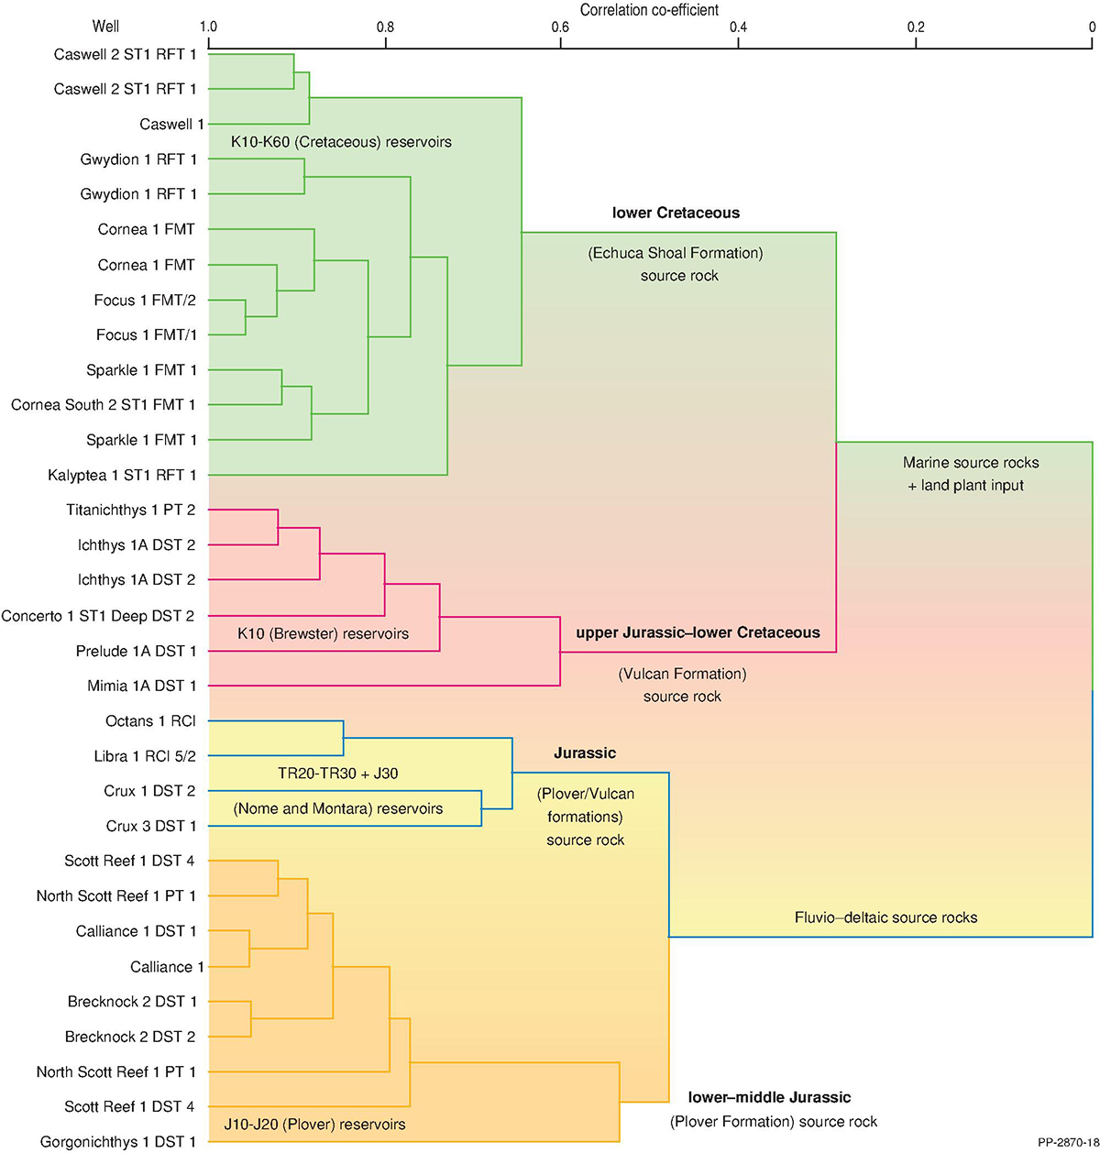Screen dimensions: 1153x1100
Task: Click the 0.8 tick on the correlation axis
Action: point(385,27)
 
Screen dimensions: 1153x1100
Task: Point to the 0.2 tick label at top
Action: point(916,27)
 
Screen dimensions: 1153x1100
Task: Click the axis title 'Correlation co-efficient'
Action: point(649,10)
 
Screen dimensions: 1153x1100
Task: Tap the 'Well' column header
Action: point(105,27)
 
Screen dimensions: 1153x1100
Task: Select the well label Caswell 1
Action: point(171,124)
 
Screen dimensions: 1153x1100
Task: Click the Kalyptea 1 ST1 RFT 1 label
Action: point(122,476)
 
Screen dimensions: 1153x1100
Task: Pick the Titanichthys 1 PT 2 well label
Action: point(130,510)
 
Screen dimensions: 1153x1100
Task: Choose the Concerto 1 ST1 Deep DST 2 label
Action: point(98,616)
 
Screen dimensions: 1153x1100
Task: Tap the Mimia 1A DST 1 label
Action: point(142,686)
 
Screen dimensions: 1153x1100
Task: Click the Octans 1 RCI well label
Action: point(150,721)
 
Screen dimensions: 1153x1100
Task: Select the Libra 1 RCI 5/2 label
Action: point(145,756)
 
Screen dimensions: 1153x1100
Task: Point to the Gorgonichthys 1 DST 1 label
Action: point(118,1142)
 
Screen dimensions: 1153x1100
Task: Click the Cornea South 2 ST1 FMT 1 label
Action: point(104,404)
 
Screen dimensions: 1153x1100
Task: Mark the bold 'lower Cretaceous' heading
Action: point(676,213)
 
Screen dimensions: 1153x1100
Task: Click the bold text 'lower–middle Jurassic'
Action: point(769,1097)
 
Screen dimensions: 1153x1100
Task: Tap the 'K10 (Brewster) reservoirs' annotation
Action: point(323,633)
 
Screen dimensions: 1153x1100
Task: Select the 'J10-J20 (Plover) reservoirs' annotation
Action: point(314,1124)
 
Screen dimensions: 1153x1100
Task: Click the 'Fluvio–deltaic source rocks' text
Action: point(885,917)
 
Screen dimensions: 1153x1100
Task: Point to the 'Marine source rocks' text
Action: point(971,463)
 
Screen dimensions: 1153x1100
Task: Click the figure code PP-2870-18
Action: point(1068,1143)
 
